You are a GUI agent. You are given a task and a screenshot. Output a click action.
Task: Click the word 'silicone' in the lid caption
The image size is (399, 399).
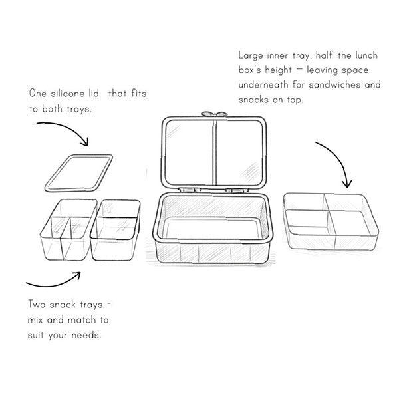67,94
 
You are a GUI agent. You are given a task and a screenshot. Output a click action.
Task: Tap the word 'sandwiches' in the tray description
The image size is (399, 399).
334,84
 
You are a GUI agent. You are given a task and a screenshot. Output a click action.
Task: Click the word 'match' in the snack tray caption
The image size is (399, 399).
81,320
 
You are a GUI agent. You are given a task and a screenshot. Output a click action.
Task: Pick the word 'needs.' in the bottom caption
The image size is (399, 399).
86,335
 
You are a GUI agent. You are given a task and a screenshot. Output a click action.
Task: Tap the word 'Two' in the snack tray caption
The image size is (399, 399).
37,304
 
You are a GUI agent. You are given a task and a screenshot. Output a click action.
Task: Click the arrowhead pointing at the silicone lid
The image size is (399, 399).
84,142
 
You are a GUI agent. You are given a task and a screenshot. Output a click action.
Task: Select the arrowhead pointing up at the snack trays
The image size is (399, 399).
77,275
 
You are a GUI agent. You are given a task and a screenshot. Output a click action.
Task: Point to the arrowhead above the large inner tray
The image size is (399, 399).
347,184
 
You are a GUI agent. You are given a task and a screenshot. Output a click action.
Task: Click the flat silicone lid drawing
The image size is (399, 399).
78,173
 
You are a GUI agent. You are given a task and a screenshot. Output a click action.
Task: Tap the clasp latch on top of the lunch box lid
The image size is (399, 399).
214,114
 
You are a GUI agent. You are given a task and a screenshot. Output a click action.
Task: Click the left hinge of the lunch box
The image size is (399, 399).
190,190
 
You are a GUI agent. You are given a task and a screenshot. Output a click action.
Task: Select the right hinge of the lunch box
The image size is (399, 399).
237,190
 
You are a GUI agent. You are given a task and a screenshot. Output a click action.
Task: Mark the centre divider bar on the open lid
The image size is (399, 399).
215,153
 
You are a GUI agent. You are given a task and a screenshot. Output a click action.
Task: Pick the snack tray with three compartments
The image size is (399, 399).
68,230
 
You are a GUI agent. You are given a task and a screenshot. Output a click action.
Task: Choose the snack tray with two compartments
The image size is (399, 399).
115,230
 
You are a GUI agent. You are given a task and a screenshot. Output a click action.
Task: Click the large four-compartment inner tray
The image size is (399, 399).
331,222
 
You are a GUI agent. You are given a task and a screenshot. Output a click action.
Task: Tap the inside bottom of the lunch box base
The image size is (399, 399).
213,228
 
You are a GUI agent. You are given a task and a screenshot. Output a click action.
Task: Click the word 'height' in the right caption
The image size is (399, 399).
278,70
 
